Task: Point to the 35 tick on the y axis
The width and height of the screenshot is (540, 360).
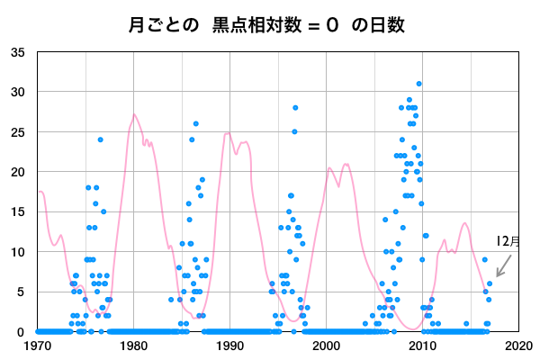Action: tap(18, 52)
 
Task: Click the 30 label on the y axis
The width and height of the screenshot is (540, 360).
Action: tap(18, 92)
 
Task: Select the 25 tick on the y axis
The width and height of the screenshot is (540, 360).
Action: tap(18, 132)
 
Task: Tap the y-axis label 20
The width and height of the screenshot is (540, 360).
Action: tap(18, 172)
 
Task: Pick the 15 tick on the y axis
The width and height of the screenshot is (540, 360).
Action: tap(18, 212)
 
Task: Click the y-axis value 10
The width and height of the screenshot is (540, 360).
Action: tap(18, 252)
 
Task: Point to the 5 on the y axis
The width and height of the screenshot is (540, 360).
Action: tap(22, 292)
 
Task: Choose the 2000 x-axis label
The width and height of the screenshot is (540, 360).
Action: tap(326, 345)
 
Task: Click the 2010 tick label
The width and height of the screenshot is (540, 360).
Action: tap(422, 345)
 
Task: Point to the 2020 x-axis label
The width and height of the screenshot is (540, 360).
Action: tap(517, 345)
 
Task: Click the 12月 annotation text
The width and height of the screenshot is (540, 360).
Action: tap(508, 241)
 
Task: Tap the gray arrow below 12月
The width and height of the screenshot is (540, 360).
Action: tap(504, 265)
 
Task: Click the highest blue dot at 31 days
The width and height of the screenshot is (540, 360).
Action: tap(418, 84)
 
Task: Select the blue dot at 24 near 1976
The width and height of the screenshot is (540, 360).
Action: tap(101, 139)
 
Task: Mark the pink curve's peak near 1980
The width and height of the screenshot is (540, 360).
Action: tap(134, 114)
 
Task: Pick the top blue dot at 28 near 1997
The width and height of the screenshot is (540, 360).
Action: tap(295, 108)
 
